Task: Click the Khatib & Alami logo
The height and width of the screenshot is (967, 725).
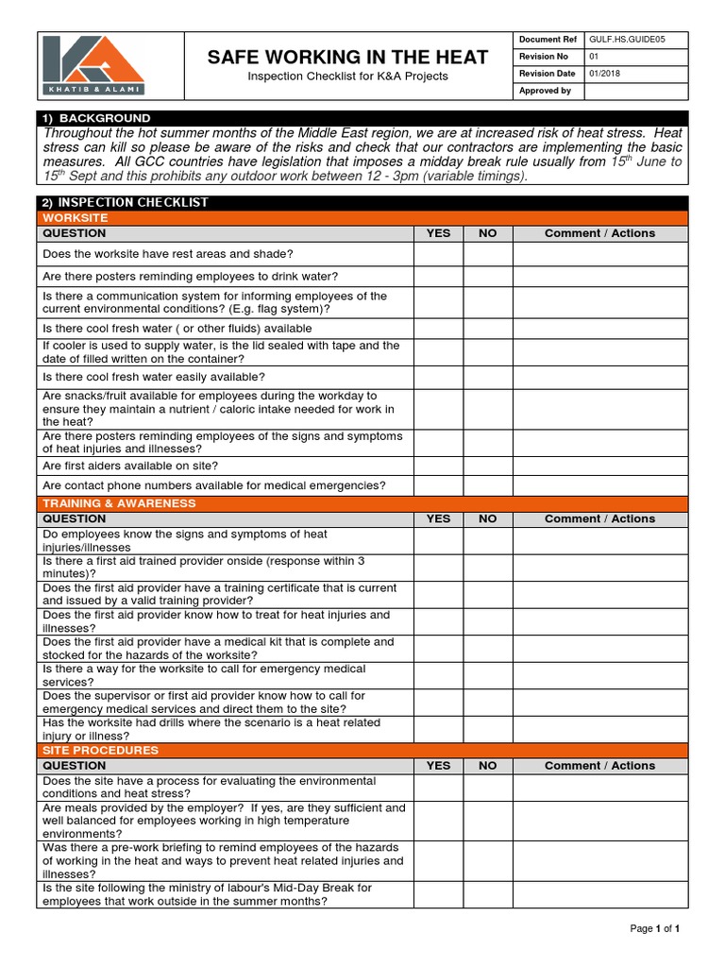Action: click(93, 65)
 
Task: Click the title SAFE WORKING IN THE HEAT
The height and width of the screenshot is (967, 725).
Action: click(347, 58)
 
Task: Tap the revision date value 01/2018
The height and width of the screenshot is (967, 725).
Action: click(605, 74)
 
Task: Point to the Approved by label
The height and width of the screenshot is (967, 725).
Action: click(545, 91)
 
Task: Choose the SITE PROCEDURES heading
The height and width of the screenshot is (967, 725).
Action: click(101, 751)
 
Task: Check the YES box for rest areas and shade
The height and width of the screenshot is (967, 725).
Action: click(438, 254)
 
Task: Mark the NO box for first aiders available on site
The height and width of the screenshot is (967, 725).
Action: click(487, 467)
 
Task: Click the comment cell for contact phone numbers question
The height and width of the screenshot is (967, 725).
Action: click(599, 485)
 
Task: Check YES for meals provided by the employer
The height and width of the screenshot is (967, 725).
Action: click(438, 821)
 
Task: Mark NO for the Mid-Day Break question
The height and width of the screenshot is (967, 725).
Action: click(487, 894)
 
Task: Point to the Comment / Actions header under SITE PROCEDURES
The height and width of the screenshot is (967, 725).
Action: click(599, 766)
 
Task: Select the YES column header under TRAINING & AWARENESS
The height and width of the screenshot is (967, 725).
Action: click(438, 518)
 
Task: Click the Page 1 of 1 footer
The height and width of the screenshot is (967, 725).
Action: click(655, 929)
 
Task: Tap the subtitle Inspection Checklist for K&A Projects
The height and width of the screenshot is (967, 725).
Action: click(347, 76)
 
